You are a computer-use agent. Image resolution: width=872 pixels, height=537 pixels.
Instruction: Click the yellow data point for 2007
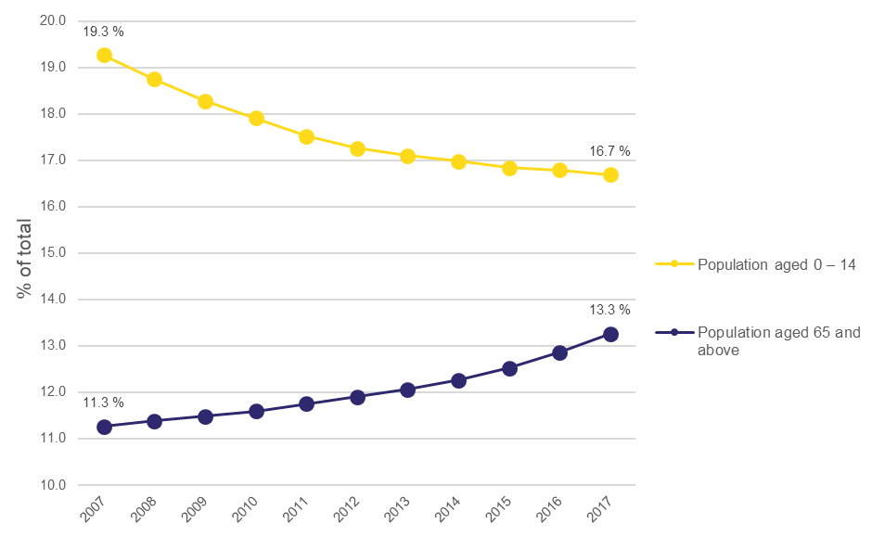[x=104, y=56]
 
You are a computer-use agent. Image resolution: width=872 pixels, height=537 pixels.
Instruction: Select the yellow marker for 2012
[x=357, y=148]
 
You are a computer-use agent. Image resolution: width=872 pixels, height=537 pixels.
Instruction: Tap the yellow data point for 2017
[x=610, y=174]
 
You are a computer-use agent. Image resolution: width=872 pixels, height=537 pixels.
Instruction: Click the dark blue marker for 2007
[x=104, y=427]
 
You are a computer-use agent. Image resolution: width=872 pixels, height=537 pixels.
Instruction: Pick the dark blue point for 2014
[x=458, y=380]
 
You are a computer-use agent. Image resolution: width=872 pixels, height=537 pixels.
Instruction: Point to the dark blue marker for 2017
[x=610, y=334]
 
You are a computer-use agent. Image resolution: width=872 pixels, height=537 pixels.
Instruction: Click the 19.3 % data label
[x=103, y=32]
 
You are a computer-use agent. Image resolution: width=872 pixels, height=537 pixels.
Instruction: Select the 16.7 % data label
[x=609, y=150]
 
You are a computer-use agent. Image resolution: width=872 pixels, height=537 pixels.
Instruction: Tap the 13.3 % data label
[x=609, y=310]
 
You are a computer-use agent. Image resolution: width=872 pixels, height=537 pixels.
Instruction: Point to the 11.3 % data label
[x=103, y=403]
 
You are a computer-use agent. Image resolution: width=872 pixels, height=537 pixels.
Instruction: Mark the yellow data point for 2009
[x=205, y=101]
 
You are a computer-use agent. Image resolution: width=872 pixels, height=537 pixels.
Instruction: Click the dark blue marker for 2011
[x=306, y=403]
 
